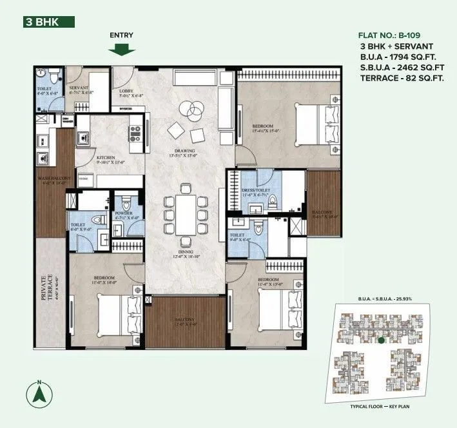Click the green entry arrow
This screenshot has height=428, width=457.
(121, 49)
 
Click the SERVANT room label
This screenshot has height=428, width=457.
(79, 88)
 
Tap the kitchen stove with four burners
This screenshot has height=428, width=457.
(136, 133)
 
